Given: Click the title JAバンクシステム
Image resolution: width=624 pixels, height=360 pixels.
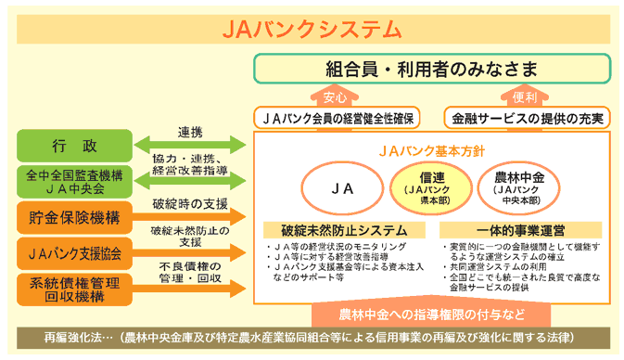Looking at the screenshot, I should pyautogui.click(x=312, y=28).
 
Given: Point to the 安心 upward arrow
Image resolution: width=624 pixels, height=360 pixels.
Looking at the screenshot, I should pyautogui.click(x=335, y=96).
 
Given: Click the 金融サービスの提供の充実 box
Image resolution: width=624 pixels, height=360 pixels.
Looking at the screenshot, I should pyautogui.click(x=526, y=119).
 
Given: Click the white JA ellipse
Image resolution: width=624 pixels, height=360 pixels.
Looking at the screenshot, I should pyautogui.click(x=342, y=187).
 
